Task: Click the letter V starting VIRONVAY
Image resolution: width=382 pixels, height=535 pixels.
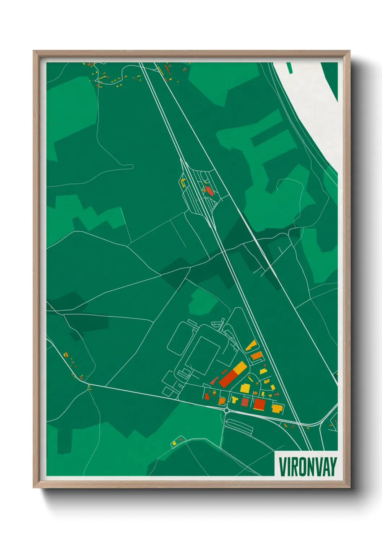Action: (283, 467)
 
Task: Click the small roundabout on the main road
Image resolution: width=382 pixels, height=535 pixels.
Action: (227, 410)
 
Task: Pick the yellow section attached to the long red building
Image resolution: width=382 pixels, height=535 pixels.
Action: (240, 368)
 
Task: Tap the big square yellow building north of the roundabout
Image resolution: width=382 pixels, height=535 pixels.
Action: (245, 388)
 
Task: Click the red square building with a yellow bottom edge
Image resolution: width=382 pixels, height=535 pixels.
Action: (259, 404)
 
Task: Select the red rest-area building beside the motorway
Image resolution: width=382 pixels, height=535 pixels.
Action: (209, 191)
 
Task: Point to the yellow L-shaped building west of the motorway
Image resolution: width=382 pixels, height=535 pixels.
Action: (183, 182)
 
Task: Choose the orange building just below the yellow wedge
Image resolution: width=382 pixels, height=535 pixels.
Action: (256, 356)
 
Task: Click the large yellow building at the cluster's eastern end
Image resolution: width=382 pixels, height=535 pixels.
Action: (277, 408)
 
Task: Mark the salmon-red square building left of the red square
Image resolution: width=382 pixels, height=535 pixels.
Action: (245, 402)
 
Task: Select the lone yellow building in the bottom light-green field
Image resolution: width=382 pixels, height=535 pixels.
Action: (174, 443)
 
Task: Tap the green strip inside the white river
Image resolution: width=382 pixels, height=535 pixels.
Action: (289, 68)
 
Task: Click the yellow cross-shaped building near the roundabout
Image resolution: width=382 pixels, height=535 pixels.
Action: (235, 400)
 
